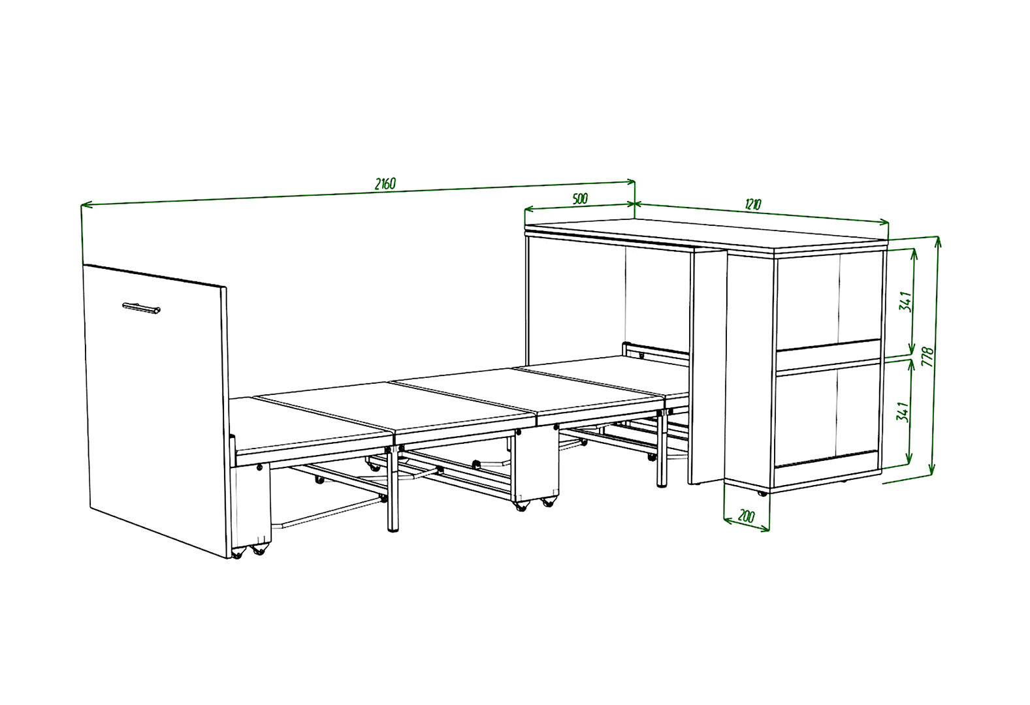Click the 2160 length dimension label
pos(385,184)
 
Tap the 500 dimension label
pos(580,198)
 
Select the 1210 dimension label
pos(752,204)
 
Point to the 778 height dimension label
pos(928,356)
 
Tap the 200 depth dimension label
pos(746,516)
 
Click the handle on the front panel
pos(141,308)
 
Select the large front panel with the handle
pos(155,411)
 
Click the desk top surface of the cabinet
pos(706,235)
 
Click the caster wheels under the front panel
pos(249,551)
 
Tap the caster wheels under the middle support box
pos(534,503)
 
